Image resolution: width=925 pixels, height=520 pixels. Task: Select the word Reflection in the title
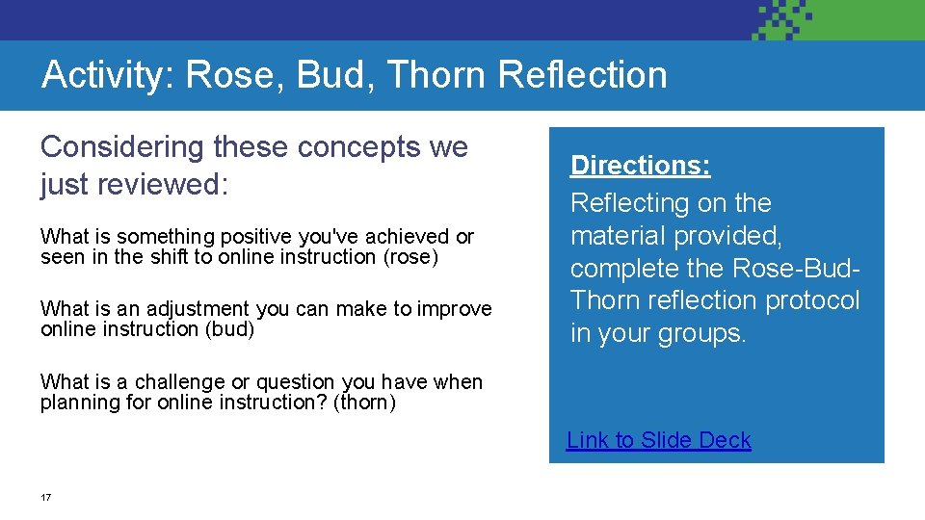[585, 75]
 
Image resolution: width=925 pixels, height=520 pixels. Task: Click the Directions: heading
[641, 166]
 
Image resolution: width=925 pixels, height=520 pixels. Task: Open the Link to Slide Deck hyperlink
[659, 440]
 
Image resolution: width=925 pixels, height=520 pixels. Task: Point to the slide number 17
[45, 497]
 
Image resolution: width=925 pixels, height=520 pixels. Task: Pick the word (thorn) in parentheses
[364, 403]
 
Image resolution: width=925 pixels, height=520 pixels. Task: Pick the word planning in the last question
[81, 403]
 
